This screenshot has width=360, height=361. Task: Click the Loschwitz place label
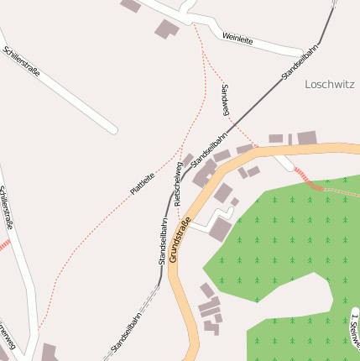coord(331,84)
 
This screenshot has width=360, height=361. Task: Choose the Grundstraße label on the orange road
coord(180,239)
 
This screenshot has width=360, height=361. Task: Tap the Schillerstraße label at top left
coord(22,63)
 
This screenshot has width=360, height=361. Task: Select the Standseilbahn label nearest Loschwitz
coord(300,63)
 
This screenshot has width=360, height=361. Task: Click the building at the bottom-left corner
coord(49,353)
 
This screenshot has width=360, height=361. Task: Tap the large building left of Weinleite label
coord(166,29)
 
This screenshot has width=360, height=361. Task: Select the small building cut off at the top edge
coord(130,5)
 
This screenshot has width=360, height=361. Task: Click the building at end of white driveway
coord(221,229)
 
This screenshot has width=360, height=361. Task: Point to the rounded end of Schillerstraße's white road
coord(112,129)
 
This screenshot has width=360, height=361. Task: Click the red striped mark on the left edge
coord(4,245)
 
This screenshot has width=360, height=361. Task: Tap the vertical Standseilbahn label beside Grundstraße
coord(162,242)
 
